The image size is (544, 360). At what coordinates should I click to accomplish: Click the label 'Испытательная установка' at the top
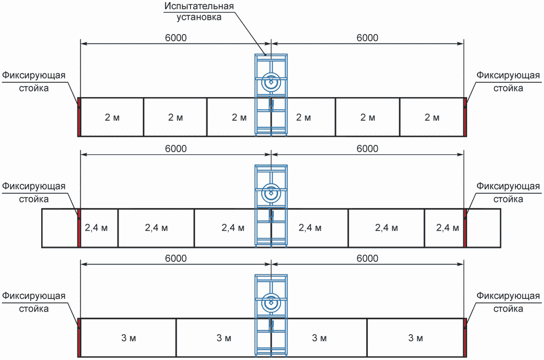pyautogui.click(x=199, y=12)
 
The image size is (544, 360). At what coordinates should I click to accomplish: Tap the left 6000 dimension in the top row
pyautogui.click(x=175, y=38)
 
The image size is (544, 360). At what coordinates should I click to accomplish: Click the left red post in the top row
pyautogui.click(x=79, y=117)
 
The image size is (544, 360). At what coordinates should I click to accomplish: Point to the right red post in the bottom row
pyautogui.click(x=466, y=337)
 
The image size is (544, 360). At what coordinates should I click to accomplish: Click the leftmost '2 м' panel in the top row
pyautogui.click(x=111, y=117)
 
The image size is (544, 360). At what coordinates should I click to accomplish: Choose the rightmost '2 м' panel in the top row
pyautogui.click(x=432, y=117)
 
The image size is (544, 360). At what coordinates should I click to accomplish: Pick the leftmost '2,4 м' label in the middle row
pyautogui.click(x=99, y=228)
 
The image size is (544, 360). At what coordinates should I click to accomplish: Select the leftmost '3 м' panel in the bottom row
pyautogui.click(x=128, y=337)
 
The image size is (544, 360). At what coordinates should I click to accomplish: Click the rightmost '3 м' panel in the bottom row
pyautogui.click(x=416, y=337)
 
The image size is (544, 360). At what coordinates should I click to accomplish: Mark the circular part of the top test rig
pyautogui.click(x=270, y=83)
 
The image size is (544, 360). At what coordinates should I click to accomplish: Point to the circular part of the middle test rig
pyautogui.click(x=270, y=193)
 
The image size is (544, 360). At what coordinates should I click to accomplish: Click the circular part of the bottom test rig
pyautogui.click(x=270, y=302)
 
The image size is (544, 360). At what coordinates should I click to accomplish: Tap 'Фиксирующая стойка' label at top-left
pyautogui.click(x=33, y=81)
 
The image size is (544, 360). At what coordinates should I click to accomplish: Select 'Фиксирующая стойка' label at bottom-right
pyautogui.click(x=508, y=302)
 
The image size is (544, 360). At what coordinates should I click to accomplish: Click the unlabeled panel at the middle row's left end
pyautogui.click(x=60, y=228)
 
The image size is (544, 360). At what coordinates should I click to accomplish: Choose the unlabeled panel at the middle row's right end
pyautogui.click(x=484, y=228)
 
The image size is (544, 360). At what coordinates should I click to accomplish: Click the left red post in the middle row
pyautogui.click(x=79, y=228)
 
